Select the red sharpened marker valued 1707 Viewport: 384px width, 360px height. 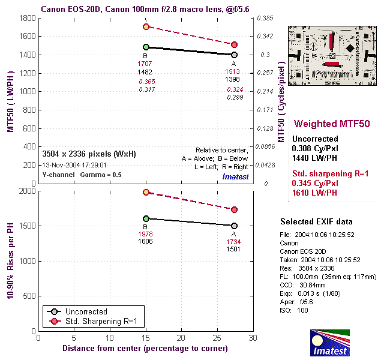tap(146, 27)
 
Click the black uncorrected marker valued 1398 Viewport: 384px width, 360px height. tap(235, 55)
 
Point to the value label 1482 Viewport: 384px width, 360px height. tap(145, 72)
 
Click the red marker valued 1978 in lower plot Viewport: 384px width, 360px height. tap(146, 192)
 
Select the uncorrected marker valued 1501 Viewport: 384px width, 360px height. tap(235, 226)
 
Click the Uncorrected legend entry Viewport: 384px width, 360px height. tap(79, 312)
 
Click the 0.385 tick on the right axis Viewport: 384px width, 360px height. tap(265, 18)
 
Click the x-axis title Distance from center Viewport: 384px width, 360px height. tap(145, 348)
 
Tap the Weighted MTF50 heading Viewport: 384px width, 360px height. tap(329, 124)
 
